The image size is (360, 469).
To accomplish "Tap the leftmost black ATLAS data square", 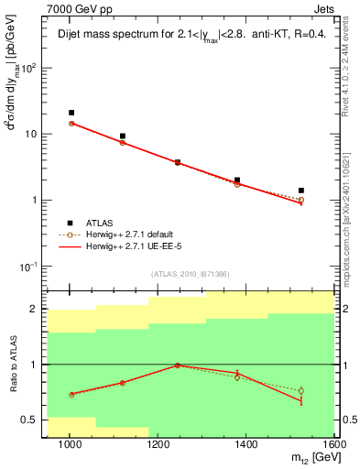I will pyautogui.click(x=71, y=113).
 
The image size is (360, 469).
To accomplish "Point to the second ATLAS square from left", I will pyautogui.click(x=122, y=136).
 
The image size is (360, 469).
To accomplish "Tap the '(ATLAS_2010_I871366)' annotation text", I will pyautogui.click(x=191, y=274).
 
